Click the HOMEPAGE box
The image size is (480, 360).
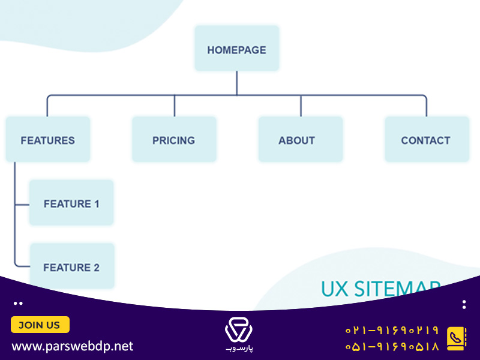(x=237, y=49)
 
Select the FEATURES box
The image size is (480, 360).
(x=48, y=139)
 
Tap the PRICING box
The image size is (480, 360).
(x=174, y=139)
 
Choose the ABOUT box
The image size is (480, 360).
(x=301, y=139)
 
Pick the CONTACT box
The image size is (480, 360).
(x=427, y=139)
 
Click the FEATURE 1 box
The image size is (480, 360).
(x=71, y=203)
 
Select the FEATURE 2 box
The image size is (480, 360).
(x=72, y=265)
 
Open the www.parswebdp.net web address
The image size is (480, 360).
(x=72, y=346)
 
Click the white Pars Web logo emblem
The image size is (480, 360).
(x=239, y=329)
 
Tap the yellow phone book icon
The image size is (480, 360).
(x=457, y=338)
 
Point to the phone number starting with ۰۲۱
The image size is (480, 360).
(x=392, y=331)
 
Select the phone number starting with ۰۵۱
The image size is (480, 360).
(x=392, y=346)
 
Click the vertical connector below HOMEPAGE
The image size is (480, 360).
(x=236, y=83)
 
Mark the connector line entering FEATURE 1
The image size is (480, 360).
(x=22, y=204)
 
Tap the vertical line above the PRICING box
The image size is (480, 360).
(x=175, y=106)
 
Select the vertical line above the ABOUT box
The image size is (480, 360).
(x=301, y=106)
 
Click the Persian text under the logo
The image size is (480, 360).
(x=239, y=349)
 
